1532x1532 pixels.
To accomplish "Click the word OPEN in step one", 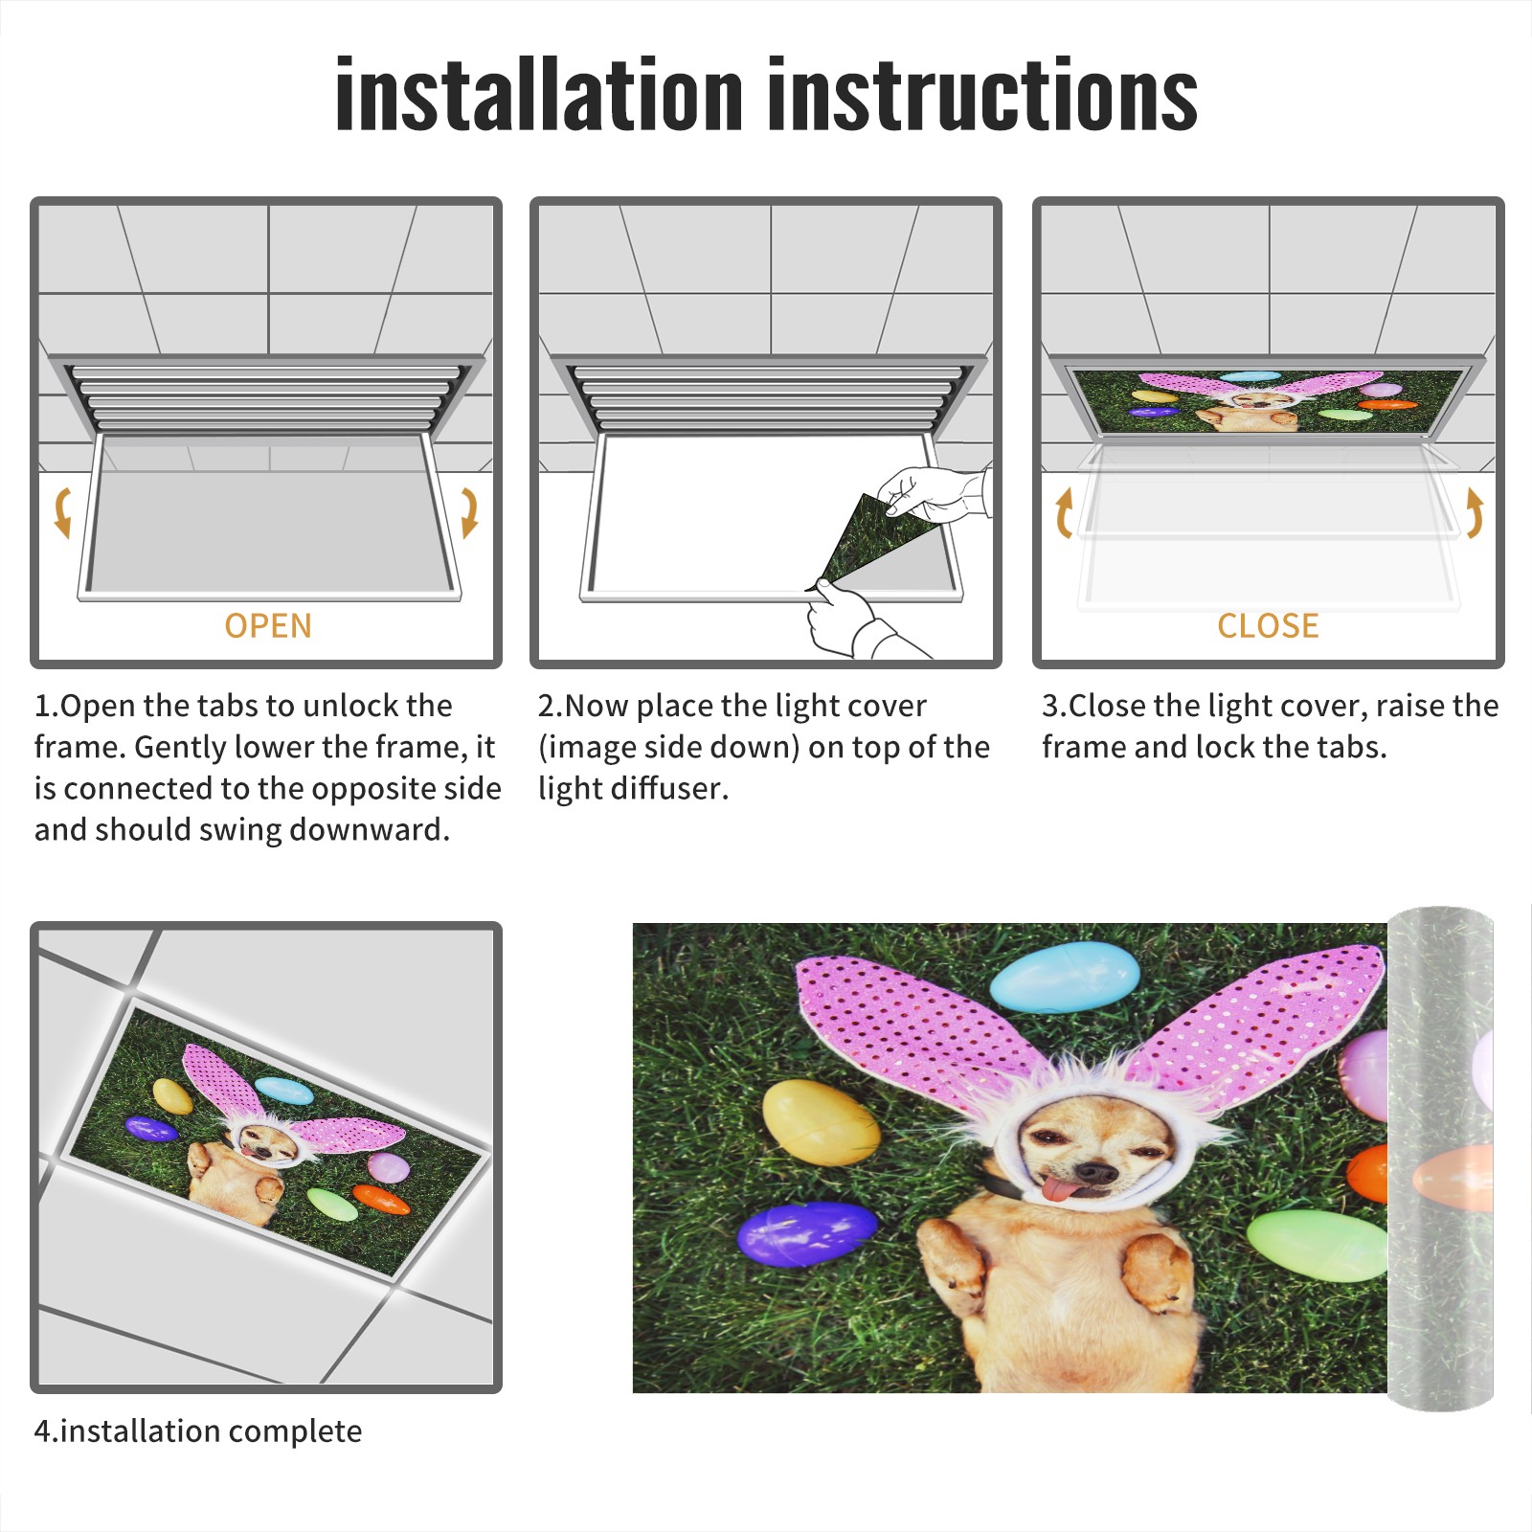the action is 268,626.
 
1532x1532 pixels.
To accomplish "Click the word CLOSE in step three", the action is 1268,626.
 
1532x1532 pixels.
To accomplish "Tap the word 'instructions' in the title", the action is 982,94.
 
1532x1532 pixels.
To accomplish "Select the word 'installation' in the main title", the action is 539,94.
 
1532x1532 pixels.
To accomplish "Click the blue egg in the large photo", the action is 1065,977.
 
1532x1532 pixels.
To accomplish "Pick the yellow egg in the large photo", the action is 821,1122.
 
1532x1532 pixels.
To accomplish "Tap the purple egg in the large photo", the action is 806,1234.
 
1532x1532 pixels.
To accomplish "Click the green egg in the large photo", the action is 1318,1245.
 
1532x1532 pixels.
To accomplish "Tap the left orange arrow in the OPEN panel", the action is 63,512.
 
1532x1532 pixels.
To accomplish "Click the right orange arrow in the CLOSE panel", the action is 1475,512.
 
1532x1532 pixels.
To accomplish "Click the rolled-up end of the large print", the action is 1440,1159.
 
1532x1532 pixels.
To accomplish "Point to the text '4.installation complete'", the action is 198,1431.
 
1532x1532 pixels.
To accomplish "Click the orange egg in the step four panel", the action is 381,1199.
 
